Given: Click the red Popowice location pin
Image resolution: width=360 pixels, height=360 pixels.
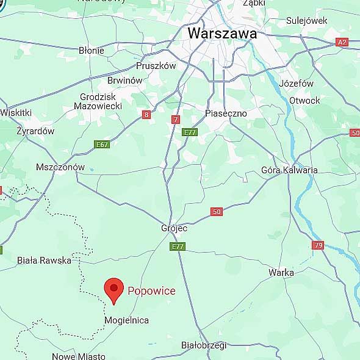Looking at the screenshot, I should [113, 289].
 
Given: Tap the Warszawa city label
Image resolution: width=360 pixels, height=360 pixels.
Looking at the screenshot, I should [222, 34].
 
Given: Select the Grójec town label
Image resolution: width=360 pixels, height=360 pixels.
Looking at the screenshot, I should [174, 228].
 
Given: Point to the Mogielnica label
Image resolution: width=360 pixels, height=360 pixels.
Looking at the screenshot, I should [127, 320].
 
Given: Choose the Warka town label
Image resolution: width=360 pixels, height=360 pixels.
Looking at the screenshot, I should [281, 273].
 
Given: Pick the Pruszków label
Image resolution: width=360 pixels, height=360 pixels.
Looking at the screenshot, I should [156, 66].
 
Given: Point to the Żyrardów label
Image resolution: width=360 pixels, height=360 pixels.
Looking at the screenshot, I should [35, 131].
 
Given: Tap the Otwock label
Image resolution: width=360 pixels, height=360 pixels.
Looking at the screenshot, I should [304, 101].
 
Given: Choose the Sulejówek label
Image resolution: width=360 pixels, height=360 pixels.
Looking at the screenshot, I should [307, 21].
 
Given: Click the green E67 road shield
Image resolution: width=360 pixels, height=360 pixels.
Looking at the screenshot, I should [102, 145].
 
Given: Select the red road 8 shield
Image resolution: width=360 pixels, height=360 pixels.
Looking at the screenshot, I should [146, 115].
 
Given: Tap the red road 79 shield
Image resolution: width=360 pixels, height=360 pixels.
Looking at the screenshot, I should [318, 245].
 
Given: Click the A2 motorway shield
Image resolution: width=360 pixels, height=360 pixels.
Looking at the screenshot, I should [342, 42].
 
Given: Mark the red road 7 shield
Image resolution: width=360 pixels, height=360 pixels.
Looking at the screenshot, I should [176, 120].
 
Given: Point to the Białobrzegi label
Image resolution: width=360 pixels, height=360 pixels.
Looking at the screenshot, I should [204, 345].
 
